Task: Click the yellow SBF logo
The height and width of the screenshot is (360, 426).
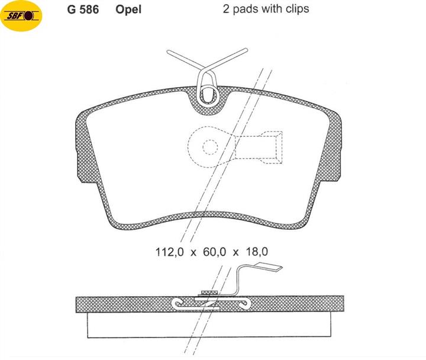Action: coord(21,16)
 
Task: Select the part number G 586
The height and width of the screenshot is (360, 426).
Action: coord(83,9)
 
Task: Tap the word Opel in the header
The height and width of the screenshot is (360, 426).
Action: coord(128,10)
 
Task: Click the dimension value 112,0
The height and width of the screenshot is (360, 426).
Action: coord(170,252)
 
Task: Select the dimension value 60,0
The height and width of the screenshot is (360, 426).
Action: coord(214,252)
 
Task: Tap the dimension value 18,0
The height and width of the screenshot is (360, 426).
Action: coord(257,252)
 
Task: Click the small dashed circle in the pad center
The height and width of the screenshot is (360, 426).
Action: coord(210,147)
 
